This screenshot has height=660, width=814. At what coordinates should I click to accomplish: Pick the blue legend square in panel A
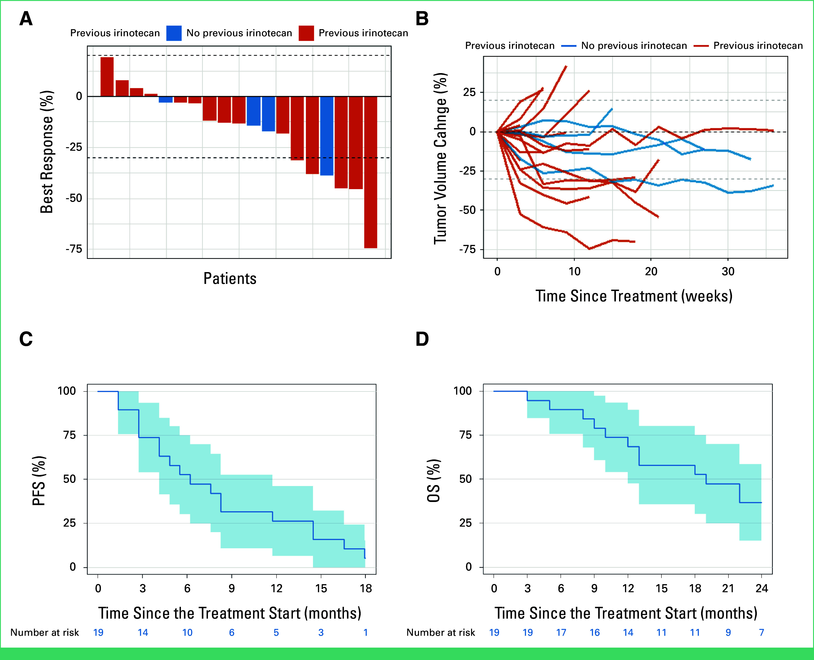click(174, 33)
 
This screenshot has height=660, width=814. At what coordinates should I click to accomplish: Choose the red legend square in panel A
click(306, 33)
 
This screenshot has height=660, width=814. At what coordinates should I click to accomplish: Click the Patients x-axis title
click(230, 278)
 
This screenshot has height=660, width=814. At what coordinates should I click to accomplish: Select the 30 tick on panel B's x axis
click(728, 271)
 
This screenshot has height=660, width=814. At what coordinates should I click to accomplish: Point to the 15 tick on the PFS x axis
click(321, 588)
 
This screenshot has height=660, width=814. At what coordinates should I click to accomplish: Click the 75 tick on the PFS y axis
click(70, 435)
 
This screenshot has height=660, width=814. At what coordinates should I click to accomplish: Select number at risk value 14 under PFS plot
click(143, 632)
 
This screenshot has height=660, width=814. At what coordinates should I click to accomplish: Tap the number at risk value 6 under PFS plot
click(232, 632)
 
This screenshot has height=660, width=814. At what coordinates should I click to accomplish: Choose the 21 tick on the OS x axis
click(728, 588)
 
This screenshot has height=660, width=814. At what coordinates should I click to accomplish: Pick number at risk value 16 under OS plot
click(594, 632)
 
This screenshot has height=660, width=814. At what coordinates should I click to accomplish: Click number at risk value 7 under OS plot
click(762, 632)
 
